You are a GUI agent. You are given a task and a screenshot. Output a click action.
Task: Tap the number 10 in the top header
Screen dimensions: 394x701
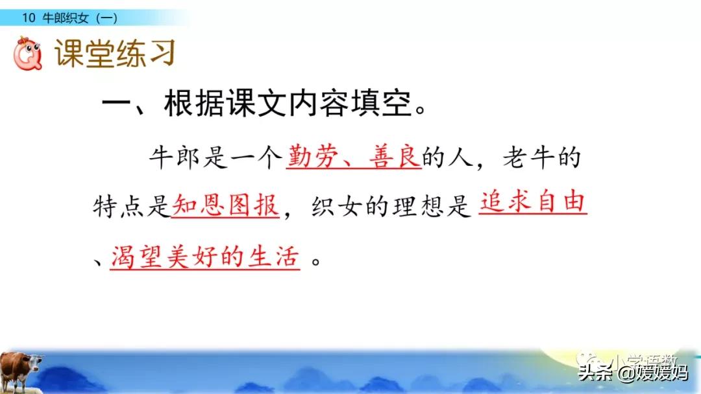[x=28, y=18]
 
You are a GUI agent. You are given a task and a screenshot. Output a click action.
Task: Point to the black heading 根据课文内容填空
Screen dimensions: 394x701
[x=289, y=106]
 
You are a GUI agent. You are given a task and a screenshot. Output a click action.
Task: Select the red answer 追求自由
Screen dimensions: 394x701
[x=532, y=205]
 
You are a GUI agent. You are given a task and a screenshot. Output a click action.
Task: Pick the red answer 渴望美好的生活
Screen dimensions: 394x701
[x=205, y=257]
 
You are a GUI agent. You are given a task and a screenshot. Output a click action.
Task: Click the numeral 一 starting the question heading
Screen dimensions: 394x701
[x=117, y=106]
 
